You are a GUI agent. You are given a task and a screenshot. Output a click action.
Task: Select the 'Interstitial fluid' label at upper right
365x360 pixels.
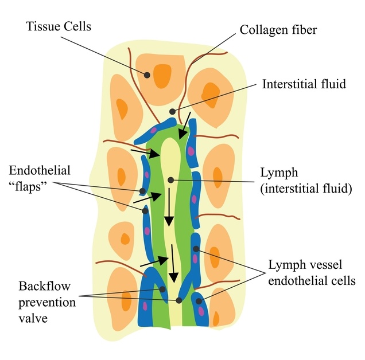click(304, 84)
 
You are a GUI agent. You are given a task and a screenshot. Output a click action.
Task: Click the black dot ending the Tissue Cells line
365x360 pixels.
click(147, 75)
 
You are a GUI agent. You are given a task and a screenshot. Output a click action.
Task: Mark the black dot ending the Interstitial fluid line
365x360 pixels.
click(172, 111)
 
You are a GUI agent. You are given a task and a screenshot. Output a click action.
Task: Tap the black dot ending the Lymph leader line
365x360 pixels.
click(170, 180)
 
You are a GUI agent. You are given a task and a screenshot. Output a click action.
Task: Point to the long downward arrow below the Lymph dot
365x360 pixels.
click(169, 209)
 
